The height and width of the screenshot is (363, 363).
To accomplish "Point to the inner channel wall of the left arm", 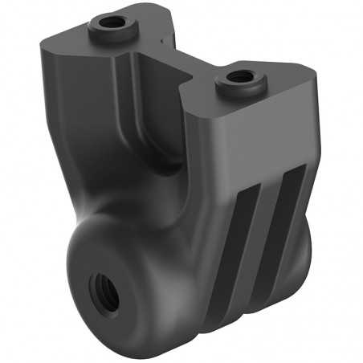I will (x=128, y=96).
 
